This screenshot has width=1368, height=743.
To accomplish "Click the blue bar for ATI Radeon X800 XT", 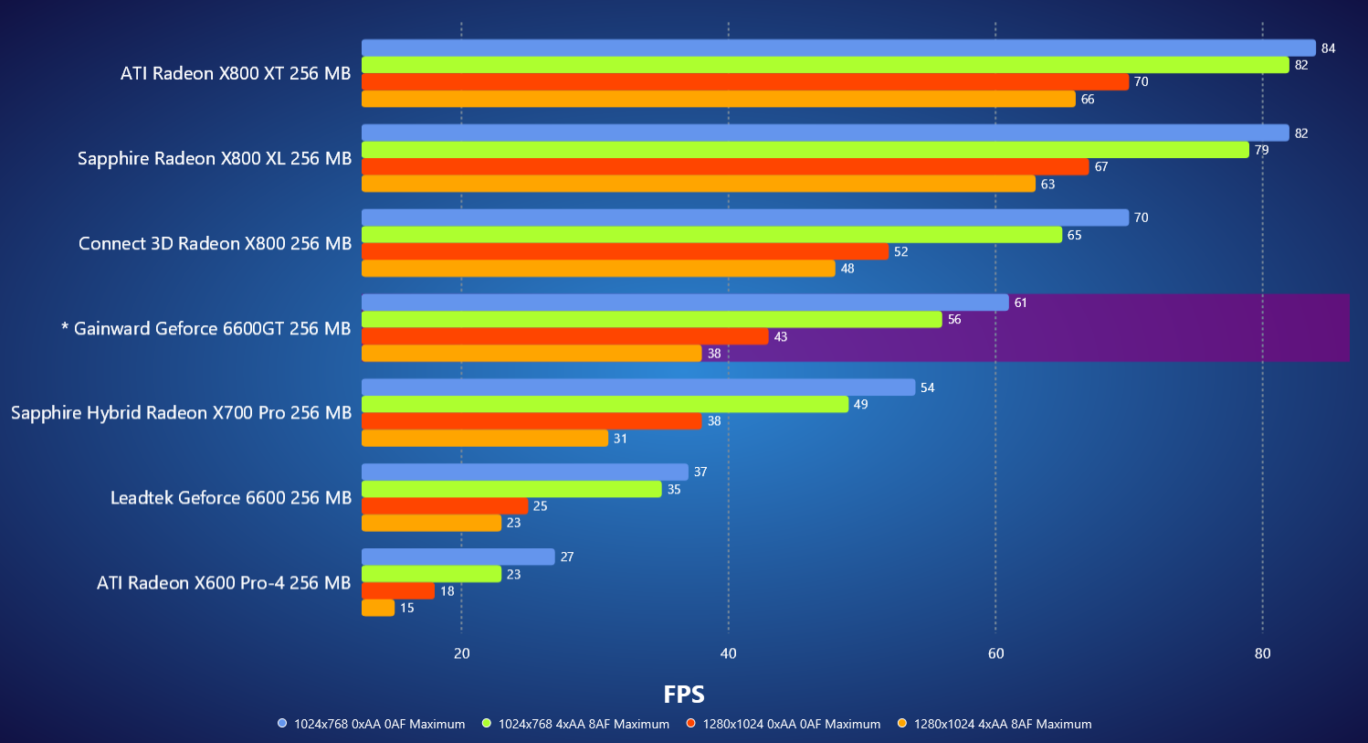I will click(x=838, y=48).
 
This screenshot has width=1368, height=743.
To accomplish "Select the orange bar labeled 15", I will click(x=378, y=608).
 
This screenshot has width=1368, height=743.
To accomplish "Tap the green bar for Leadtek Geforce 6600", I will click(x=511, y=489).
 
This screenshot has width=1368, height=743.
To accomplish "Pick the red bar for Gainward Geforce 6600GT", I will click(x=565, y=336).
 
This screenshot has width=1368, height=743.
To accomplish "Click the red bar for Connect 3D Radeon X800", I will click(x=625, y=251).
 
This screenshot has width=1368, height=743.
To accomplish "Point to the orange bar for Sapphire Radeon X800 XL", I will click(x=699, y=184).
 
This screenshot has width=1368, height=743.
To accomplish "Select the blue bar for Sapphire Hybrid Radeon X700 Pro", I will click(x=638, y=387).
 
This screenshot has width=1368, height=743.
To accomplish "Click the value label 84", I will click(x=1328, y=48).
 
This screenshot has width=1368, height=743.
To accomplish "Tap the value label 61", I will click(x=1020, y=303).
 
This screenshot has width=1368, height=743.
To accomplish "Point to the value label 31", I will click(x=620, y=439).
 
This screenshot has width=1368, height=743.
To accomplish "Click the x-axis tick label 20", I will click(x=461, y=653).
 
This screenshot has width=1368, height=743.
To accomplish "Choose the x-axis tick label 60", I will click(x=995, y=653).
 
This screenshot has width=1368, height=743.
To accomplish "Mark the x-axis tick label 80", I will click(x=1262, y=653).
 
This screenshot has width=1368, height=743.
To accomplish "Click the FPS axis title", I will click(x=684, y=695).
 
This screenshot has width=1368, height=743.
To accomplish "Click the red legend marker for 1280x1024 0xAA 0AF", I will click(x=691, y=724).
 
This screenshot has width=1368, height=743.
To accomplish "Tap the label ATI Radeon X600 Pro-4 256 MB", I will click(x=224, y=582).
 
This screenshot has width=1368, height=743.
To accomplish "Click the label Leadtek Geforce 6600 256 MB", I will click(x=231, y=497).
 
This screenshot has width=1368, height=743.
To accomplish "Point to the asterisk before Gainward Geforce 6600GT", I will click(x=65, y=327).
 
